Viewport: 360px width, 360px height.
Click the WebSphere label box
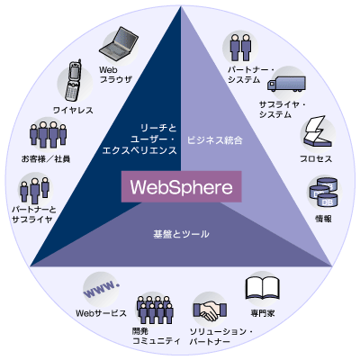click(181, 186)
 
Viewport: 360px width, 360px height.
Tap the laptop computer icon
click(119, 44)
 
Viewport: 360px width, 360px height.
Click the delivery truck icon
click(286, 84)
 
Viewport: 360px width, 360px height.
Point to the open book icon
click(263, 288)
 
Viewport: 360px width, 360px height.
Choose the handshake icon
click(210, 310)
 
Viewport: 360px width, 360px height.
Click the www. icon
click(101, 289)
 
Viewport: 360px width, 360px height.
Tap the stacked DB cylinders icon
click(324, 192)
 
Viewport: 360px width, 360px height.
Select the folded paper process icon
click(317, 131)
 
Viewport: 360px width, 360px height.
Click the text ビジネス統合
click(215, 140)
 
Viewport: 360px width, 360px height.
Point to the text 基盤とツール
click(181, 234)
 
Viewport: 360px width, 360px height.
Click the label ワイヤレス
click(73, 111)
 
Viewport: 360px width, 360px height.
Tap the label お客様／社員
click(46, 158)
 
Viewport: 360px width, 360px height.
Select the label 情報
click(323, 219)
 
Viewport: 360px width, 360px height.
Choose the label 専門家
click(263, 314)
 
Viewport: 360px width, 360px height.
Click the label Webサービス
click(101, 313)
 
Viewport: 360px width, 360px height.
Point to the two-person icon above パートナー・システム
click(240, 47)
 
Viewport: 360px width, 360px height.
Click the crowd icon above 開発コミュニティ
click(155, 310)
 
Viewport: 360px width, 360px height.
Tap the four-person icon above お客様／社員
click(48, 135)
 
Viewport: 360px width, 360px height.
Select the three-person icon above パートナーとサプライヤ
click(35, 190)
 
